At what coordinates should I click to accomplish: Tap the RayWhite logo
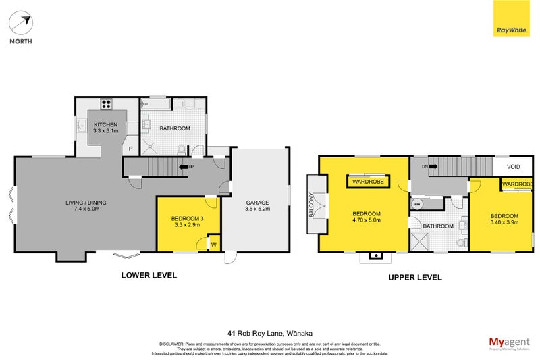click(511, 30)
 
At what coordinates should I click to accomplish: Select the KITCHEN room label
click(106, 125)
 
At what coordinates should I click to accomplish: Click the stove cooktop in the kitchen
click(106, 104)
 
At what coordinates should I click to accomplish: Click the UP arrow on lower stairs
click(184, 166)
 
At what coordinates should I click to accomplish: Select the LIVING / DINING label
click(86, 203)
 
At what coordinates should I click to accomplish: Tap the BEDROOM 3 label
click(187, 219)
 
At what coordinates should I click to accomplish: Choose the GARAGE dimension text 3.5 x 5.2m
click(257, 209)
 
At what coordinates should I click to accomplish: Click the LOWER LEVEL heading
click(148, 275)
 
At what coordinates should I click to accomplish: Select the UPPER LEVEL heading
click(414, 277)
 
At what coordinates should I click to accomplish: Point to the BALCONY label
click(312, 205)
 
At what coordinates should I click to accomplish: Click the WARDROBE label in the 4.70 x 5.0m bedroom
click(367, 180)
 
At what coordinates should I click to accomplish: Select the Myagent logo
click(508, 342)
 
